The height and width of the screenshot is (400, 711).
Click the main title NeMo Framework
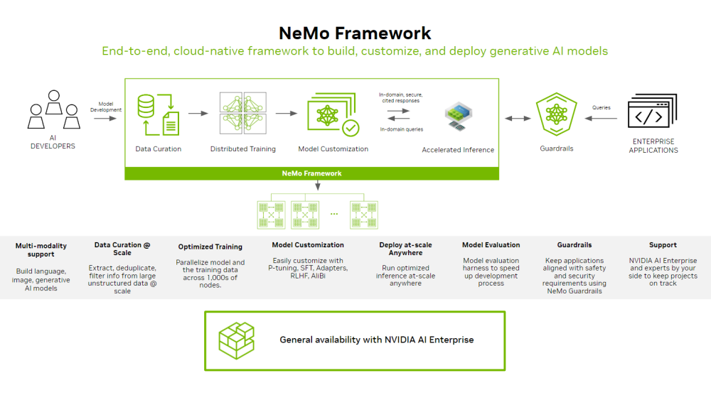[x=355, y=33]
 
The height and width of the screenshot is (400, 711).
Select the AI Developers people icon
[x=53, y=110]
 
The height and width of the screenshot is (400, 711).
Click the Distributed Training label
[x=242, y=149]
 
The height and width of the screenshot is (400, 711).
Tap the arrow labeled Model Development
[x=105, y=119]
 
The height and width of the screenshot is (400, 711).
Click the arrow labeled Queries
[x=602, y=119]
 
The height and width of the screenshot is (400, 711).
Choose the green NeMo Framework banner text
[x=311, y=173]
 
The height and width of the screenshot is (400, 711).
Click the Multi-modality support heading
[x=41, y=249]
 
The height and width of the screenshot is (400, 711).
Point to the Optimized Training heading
[x=210, y=247]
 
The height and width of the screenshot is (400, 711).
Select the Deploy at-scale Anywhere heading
[x=405, y=249]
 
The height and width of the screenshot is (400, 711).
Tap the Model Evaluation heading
[x=491, y=245]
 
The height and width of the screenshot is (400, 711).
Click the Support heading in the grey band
[x=663, y=245]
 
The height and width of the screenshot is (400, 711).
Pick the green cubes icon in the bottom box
[x=236, y=340]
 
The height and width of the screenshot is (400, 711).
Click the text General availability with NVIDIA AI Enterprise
[x=376, y=340]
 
